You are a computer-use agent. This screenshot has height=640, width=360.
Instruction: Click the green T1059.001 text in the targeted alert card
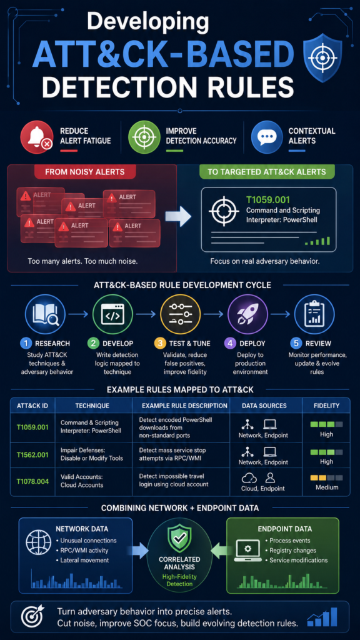point(268,200)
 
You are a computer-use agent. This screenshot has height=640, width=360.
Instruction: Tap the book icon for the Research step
point(45,315)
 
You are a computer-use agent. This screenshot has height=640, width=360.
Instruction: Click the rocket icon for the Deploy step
point(247,315)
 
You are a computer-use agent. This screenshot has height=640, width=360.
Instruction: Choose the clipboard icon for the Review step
point(314,315)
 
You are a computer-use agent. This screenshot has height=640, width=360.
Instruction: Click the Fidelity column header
point(326,406)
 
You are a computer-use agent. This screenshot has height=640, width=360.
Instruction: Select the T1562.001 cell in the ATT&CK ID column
point(32,454)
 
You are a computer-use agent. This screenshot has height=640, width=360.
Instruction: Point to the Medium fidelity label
point(326,487)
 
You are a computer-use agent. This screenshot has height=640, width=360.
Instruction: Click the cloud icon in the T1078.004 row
point(249,478)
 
